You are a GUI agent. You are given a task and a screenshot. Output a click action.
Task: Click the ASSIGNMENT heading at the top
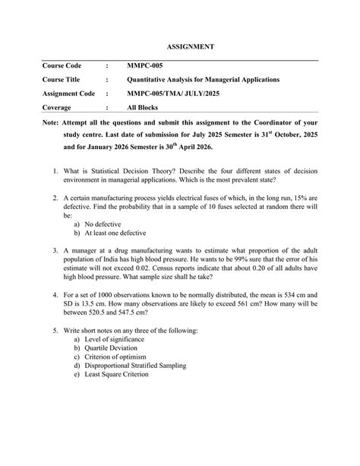point(188,46)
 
